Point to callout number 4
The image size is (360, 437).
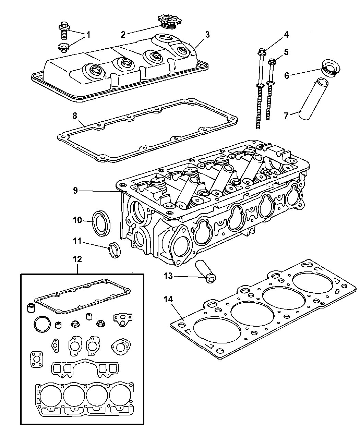click(286, 34)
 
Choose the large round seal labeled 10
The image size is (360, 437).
click(101, 223)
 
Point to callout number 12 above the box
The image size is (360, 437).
click(77, 259)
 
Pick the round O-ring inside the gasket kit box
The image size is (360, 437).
click(42, 323)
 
